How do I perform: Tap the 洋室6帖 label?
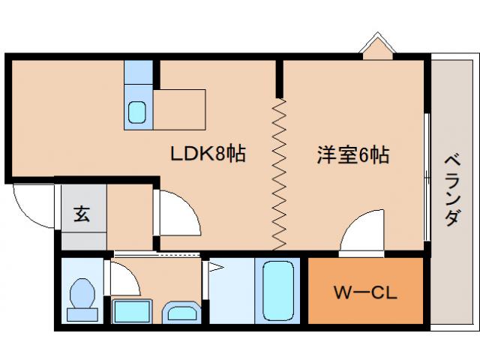(x=352, y=155)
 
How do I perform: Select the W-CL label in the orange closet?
(x=365, y=291)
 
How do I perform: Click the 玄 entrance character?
(x=81, y=213)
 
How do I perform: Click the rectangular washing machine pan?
(x=132, y=310)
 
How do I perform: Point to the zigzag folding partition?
(x=279, y=173)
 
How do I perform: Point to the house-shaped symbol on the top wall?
(x=374, y=47)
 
